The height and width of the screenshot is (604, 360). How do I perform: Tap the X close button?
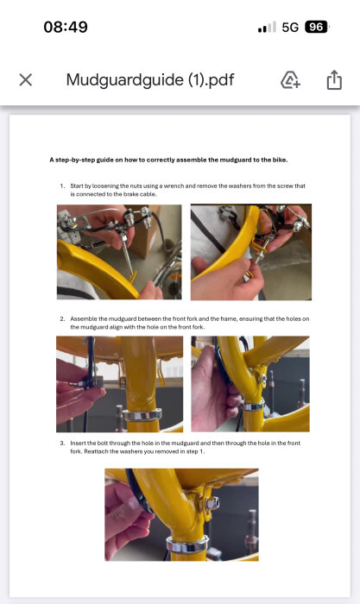26,80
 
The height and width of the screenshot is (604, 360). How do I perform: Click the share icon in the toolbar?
334,80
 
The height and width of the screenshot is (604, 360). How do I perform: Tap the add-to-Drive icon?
290,80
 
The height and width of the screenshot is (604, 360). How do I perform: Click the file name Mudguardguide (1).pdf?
150,80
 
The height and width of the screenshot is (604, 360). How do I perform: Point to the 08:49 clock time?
66,27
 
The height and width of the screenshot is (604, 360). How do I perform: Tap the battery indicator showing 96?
317,27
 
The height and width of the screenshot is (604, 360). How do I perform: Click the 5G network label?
290,27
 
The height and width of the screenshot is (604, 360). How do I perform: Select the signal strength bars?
267,28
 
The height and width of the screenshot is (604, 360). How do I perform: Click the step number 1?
62,186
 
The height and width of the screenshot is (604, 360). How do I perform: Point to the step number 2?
62,318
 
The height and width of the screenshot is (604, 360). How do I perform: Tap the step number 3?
62,443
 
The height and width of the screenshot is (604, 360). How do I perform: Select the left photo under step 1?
119,252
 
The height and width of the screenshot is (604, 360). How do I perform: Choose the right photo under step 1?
250,252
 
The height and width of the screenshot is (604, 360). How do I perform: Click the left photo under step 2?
119,384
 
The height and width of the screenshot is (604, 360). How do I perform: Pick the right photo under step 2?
250,384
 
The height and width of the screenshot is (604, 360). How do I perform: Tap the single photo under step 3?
181,514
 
